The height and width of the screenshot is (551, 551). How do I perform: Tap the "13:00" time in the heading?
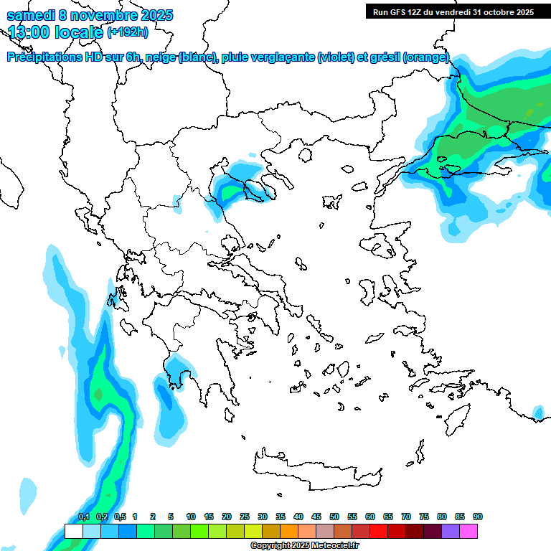tap(29, 32)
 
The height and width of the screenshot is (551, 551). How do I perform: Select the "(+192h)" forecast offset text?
tap(128, 32)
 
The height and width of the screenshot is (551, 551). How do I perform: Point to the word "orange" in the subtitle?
tap(426, 57)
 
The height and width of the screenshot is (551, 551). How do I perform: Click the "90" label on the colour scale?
tap(478, 517)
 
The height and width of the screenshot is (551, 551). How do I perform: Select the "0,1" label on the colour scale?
tap(84, 517)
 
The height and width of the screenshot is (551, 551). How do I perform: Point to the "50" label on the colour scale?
tap(334, 517)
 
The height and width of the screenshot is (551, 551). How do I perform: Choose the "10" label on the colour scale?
tap(191, 517)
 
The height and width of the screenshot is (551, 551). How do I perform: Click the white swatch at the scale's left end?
tap(73, 531)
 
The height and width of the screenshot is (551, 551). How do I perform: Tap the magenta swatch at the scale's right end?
tap(468, 531)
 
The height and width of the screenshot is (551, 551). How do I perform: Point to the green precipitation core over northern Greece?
tap(231, 192)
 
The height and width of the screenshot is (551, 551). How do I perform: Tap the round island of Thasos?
tap(306, 154)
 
